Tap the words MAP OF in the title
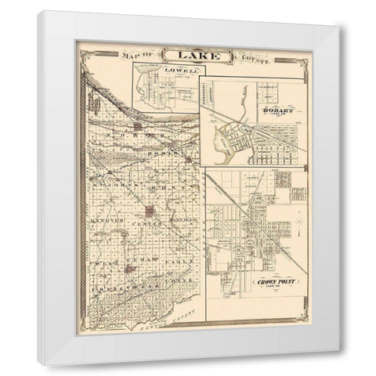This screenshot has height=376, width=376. coord(136,56)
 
